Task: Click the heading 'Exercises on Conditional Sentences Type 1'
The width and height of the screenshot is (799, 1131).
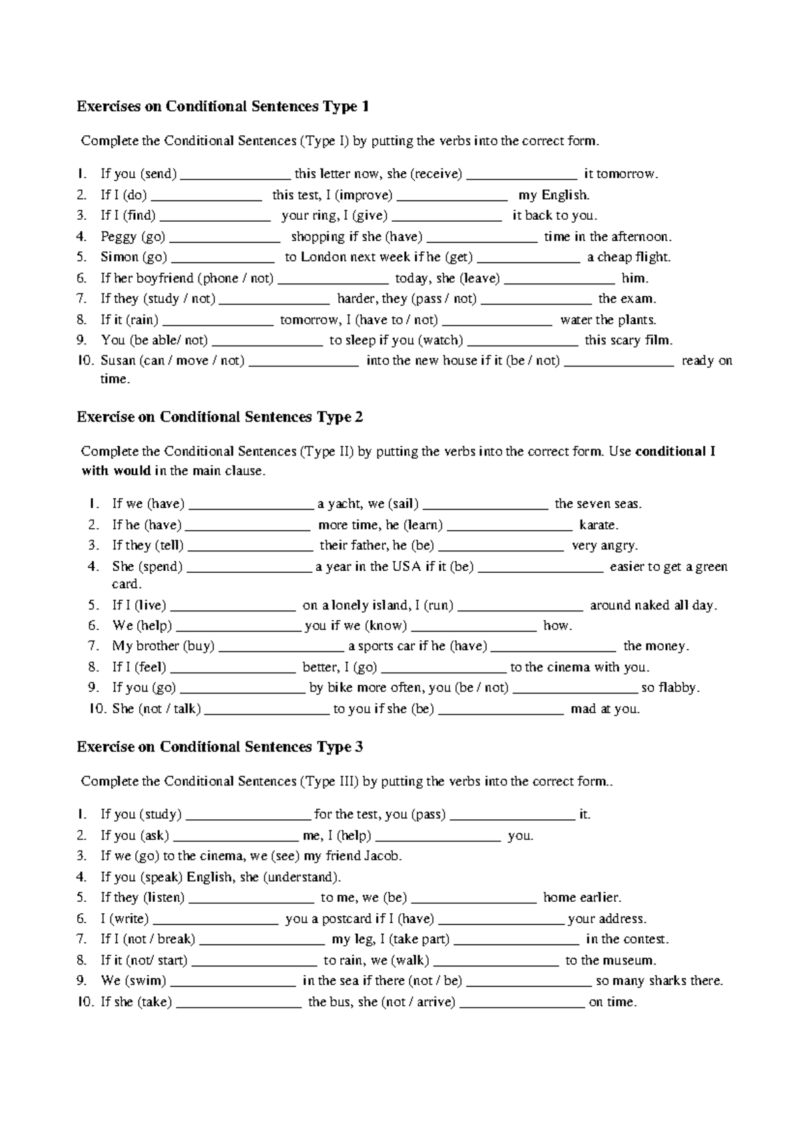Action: click(222, 107)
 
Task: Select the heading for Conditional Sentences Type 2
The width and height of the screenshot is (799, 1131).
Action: click(220, 417)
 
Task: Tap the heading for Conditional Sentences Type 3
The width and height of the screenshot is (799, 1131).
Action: click(220, 747)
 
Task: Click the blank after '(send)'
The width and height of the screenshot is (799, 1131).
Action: click(235, 175)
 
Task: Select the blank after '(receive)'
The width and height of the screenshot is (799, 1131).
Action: click(522, 175)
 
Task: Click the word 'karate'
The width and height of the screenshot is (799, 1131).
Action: click(598, 525)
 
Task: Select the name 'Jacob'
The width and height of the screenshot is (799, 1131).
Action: click(382, 856)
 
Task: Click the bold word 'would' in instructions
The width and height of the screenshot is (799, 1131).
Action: click(132, 472)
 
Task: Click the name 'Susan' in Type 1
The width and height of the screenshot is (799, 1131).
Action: click(118, 361)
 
